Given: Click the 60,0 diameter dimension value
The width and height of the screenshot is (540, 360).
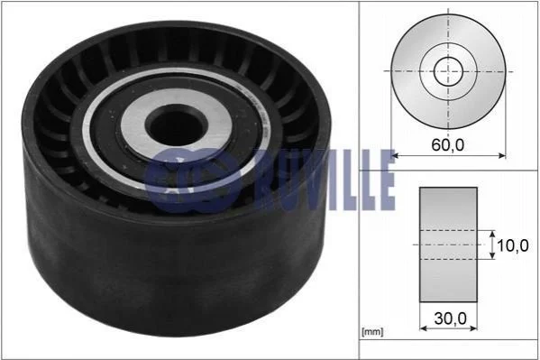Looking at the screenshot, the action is pyautogui.click(x=448, y=145).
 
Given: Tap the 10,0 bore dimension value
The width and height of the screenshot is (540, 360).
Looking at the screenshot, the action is pyautogui.click(x=512, y=245).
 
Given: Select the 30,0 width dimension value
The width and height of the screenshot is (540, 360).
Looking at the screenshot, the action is pyautogui.click(x=450, y=318).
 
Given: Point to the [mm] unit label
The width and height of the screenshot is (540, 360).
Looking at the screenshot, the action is pyautogui.click(x=372, y=332).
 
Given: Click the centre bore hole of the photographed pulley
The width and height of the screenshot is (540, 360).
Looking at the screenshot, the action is pyautogui.click(x=177, y=125).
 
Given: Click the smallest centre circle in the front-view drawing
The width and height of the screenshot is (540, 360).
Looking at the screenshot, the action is pyautogui.click(x=448, y=71).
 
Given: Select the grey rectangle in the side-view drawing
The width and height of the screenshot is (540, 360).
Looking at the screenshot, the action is pyautogui.click(x=448, y=245).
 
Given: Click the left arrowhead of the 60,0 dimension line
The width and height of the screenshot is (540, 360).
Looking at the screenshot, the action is pyautogui.click(x=395, y=156).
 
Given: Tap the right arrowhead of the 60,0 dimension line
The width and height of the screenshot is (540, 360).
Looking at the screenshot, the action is pyautogui.click(x=502, y=156).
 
